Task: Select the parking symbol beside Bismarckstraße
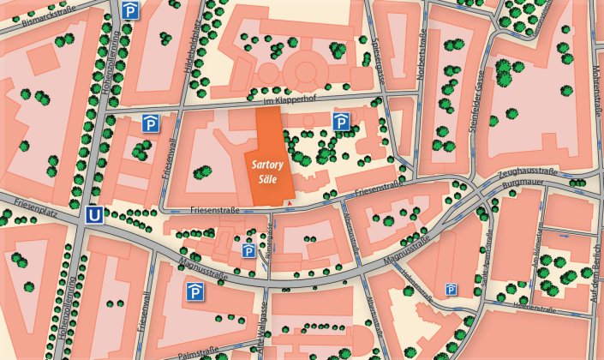(x=130, y=10)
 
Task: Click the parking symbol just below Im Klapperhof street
(x=340, y=123)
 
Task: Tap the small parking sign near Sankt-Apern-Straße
(x=451, y=291)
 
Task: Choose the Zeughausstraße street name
(x=527, y=173)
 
